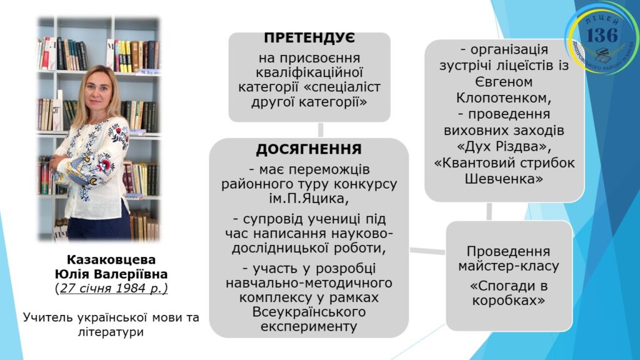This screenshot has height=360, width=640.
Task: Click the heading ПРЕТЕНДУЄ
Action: tap(309, 37)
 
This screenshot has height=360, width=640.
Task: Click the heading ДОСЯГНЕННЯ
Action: tap(309, 149)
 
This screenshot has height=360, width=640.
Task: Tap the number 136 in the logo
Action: tap(602, 35)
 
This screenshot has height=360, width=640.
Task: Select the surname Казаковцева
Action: tap(111, 259)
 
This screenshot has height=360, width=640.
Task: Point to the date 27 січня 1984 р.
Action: tap(111, 288)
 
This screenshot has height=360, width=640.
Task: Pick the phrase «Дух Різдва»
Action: tap(504, 146)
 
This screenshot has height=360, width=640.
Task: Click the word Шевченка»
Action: tap(504, 179)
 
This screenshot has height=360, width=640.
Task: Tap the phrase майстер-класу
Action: tap(509, 266)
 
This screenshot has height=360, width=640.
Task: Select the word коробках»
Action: tap(509, 301)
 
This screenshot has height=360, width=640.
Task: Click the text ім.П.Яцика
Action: tap(309, 199)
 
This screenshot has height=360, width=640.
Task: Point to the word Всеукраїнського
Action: tap(309, 312)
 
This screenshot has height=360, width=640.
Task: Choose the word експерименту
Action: tap(309, 326)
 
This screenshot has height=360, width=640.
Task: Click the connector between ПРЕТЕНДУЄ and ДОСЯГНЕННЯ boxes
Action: tap(321, 130)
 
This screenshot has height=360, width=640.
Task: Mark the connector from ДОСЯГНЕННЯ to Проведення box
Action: tap(427, 251)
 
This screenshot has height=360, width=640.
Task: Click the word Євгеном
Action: tap(504, 82)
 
